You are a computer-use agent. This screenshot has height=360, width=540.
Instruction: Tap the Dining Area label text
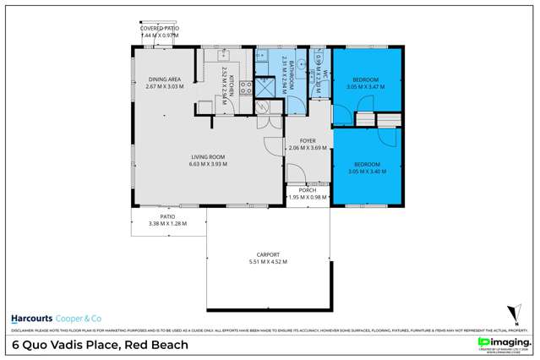163,79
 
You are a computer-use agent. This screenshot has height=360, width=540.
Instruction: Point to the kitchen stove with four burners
247,86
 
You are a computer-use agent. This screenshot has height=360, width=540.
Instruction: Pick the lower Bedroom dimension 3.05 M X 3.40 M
366,171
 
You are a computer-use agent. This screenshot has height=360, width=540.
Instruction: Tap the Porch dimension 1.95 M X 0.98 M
308,198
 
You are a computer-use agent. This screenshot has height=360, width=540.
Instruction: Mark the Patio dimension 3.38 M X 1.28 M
166,223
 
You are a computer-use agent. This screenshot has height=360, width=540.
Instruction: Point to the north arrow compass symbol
509,313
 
